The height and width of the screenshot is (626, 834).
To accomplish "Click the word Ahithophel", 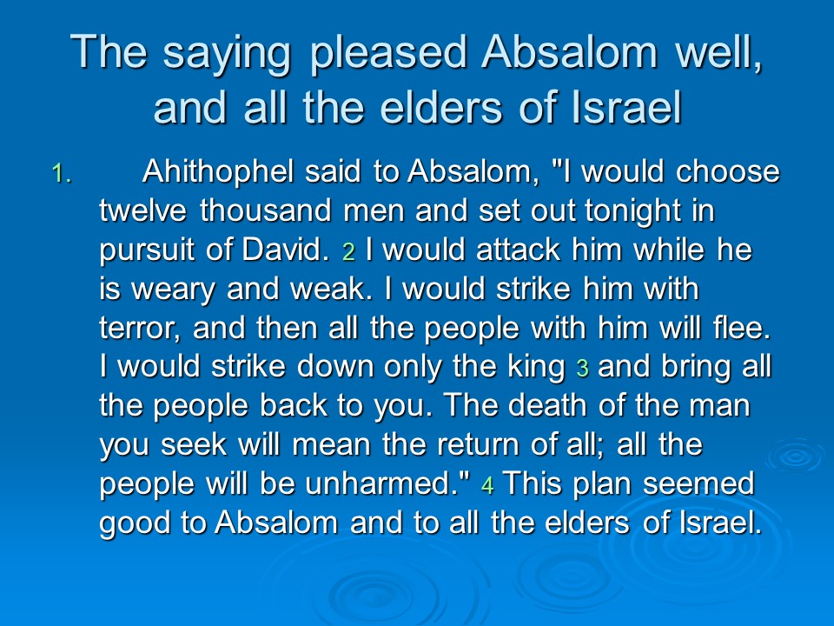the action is tap(218, 172).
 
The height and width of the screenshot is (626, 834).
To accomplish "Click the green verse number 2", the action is tap(349, 251).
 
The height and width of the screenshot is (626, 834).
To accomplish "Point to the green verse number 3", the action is tap(582, 368).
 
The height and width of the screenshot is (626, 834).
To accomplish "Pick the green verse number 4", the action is tap(487, 485).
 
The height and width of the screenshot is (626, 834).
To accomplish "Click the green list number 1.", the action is tap(61, 174).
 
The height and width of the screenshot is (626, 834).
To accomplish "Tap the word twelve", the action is tap(143, 210).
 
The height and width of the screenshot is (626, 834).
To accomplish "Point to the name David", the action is tap(286, 250).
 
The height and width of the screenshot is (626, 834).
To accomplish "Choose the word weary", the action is tap(173, 290).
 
